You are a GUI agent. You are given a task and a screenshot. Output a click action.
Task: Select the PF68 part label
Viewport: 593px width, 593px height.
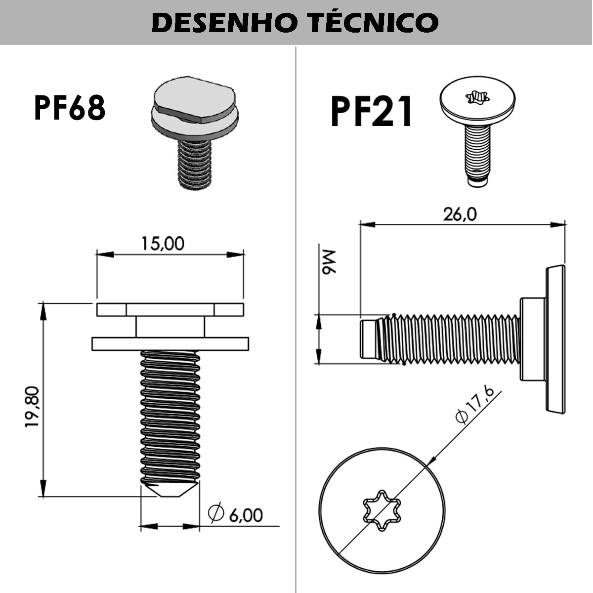click(x=70, y=108)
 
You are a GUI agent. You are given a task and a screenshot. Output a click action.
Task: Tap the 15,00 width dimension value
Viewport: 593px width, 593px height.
click(x=163, y=244)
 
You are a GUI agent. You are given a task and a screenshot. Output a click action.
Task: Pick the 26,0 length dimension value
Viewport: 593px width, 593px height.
click(x=460, y=214)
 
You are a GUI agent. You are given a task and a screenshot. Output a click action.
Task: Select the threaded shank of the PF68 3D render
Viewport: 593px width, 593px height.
click(x=195, y=163)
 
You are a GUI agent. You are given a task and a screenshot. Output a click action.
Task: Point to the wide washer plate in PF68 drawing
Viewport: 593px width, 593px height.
click(x=170, y=344)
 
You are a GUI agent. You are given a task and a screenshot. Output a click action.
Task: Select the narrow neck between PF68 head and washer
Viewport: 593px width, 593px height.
click(x=170, y=327)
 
